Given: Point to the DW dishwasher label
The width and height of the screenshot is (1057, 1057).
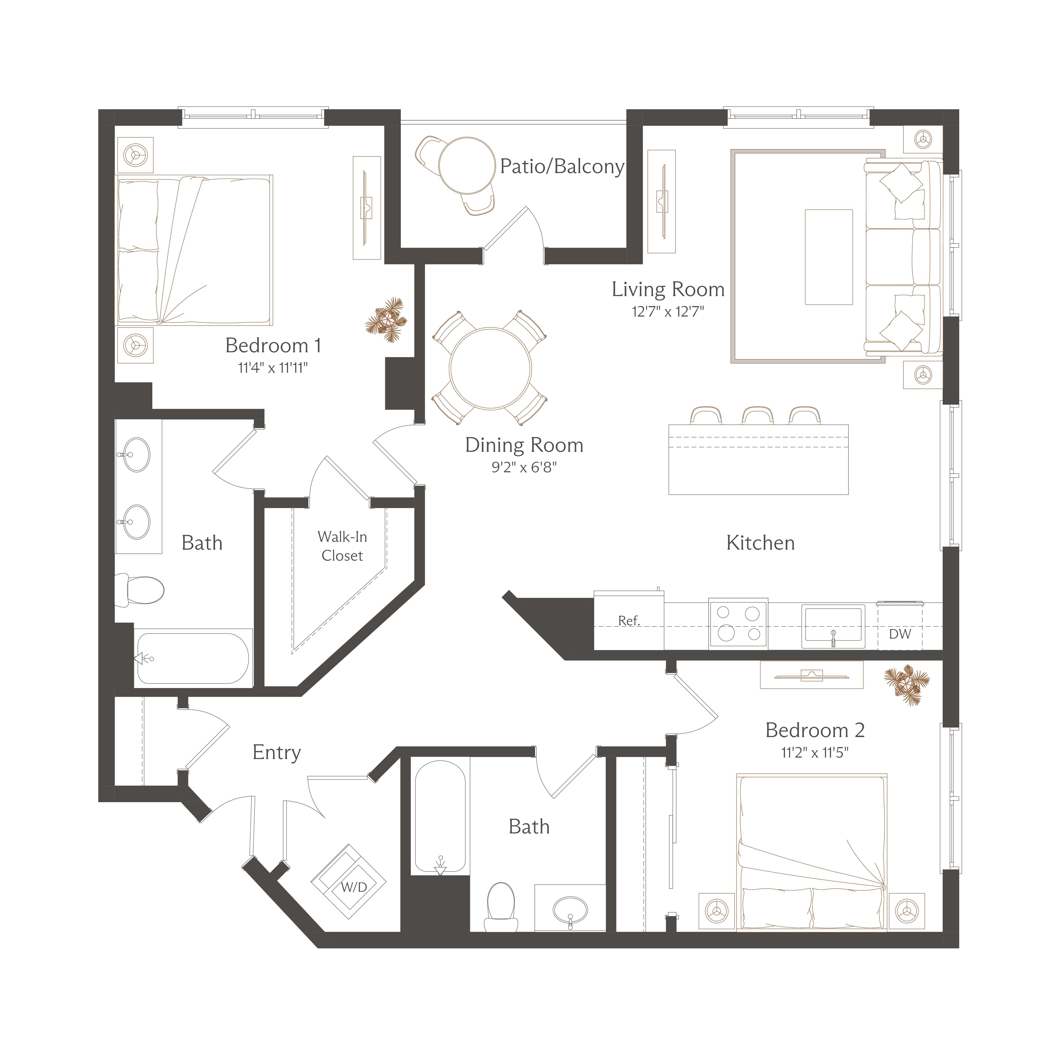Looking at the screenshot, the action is (900, 634).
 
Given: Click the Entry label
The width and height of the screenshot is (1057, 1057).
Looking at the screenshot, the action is (277, 753).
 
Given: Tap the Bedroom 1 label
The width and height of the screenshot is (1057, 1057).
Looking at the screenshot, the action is (273, 346).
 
